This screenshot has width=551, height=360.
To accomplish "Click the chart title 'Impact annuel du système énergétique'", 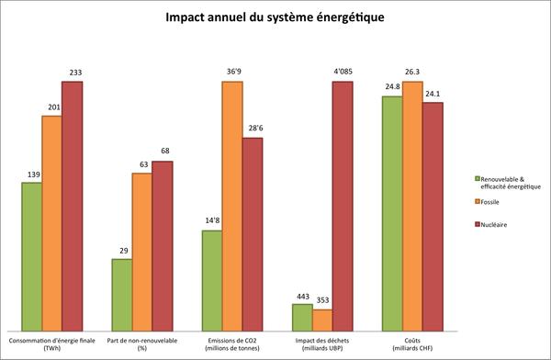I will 275,17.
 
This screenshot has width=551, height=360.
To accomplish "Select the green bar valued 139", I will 31,256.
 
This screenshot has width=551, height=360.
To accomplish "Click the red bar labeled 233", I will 72,206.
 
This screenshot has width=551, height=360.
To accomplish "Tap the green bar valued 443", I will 301,317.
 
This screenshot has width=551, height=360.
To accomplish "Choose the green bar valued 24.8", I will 391,212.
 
